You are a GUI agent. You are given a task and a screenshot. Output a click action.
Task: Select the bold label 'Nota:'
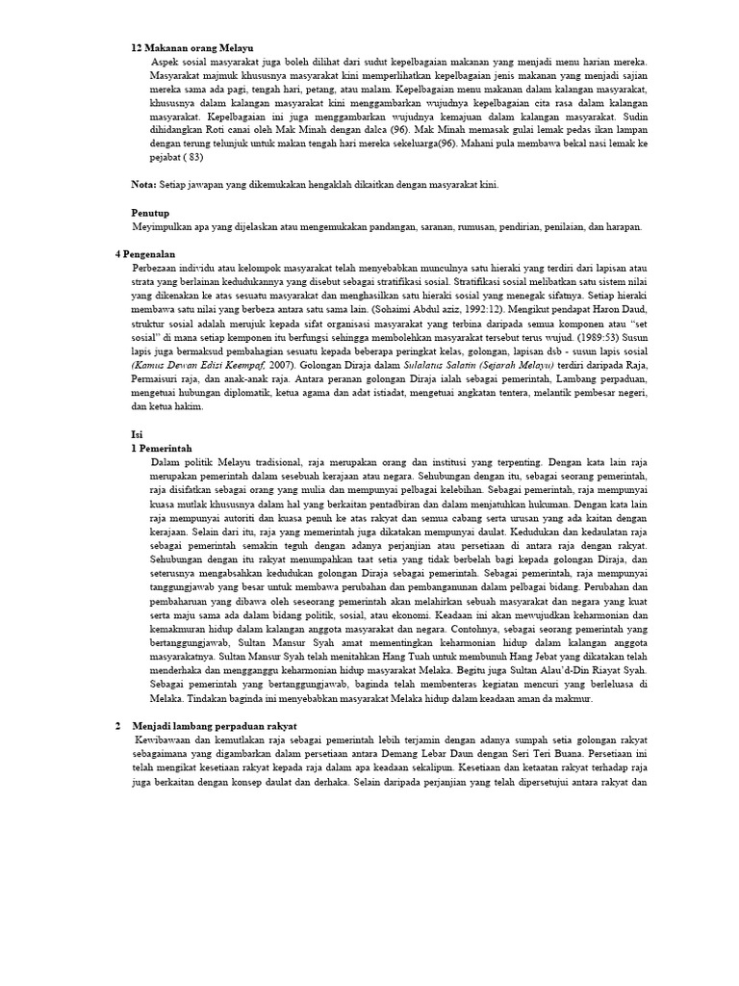(144, 184)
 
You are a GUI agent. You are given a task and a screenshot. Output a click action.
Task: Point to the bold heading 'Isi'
(136, 434)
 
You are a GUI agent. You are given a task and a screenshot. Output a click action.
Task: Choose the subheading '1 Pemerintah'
(162, 448)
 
